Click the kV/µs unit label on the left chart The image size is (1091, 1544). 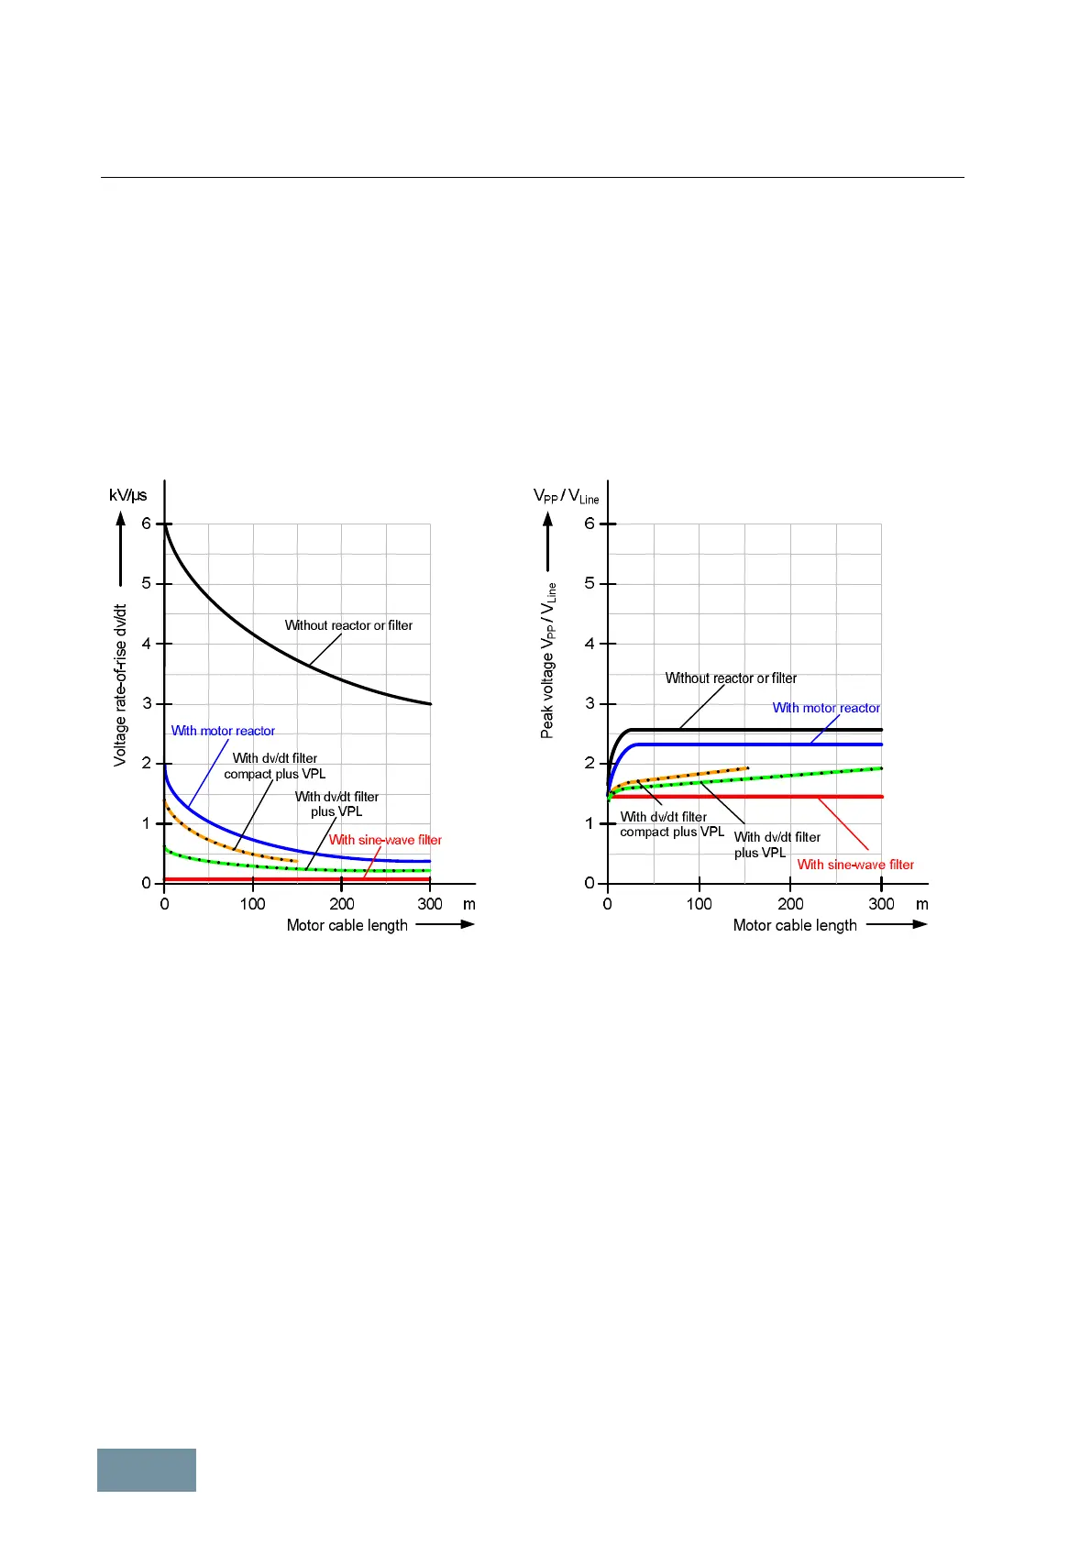[x=127, y=495]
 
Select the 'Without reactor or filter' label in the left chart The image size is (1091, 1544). [x=348, y=625]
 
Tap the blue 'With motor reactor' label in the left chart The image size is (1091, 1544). [x=223, y=731]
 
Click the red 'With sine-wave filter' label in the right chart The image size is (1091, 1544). [x=855, y=865]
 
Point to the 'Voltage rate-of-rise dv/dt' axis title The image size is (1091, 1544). [x=120, y=685]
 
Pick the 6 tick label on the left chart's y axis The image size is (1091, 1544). [x=146, y=524]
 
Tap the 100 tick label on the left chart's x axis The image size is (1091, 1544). [x=252, y=904]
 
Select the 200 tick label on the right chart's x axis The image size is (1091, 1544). [x=790, y=904]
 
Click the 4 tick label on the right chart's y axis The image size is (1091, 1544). [x=590, y=644]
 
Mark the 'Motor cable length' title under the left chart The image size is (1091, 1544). [x=347, y=925]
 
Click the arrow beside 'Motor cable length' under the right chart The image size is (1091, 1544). [x=897, y=924]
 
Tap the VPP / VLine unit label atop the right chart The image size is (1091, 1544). [x=566, y=496]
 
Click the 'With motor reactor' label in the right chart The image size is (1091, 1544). [x=826, y=708]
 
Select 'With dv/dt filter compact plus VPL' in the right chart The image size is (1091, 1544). [x=671, y=824]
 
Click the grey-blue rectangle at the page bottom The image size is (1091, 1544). [x=147, y=1470]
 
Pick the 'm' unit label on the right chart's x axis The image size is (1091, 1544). [x=921, y=904]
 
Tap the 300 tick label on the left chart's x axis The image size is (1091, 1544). [x=430, y=904]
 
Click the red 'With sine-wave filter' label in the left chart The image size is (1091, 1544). [x=385, y=840]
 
